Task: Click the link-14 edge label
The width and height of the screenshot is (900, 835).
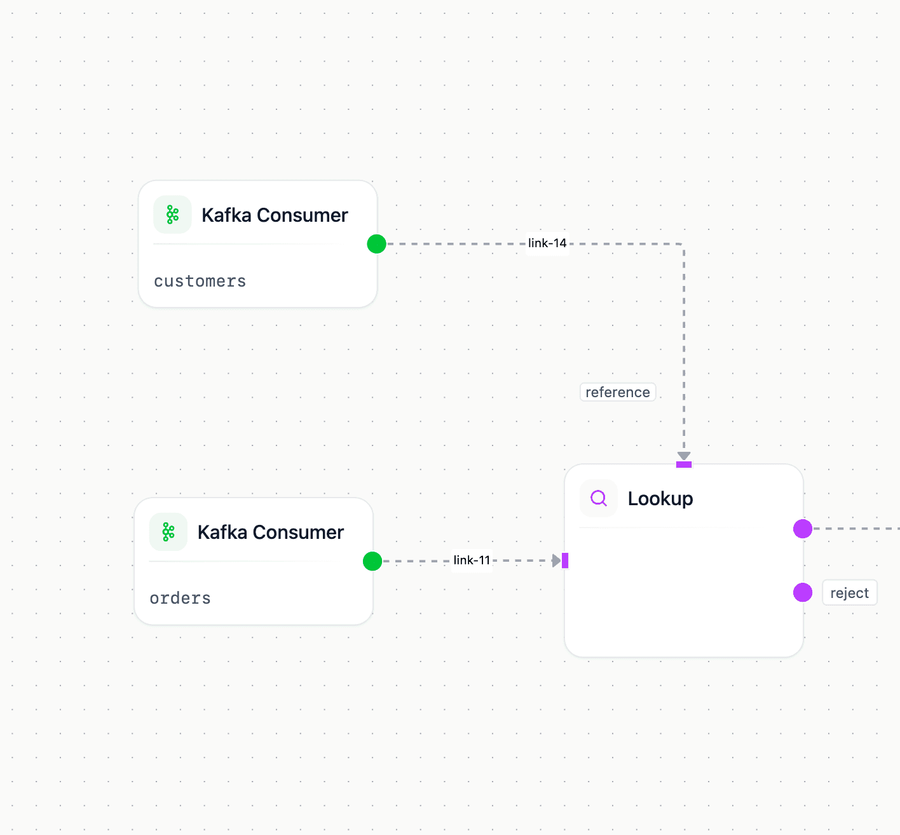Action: pos(547,243)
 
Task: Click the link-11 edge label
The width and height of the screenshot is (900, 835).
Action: pos(472,560)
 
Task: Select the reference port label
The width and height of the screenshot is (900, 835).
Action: pos(617,392)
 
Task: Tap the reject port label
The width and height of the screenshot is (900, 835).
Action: pos(849,593)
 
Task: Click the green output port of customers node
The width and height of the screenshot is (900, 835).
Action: pos(377,244)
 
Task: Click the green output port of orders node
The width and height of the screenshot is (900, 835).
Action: pos(372,561)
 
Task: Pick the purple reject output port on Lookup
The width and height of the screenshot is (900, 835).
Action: pos(803,593)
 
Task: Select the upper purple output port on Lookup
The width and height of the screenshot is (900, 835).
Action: pos(803,529)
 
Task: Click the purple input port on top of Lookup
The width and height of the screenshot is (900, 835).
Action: pos(684,465)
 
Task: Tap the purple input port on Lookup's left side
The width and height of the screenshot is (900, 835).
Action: pos(565,560)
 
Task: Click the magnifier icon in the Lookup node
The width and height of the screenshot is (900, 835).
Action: pos(599,498)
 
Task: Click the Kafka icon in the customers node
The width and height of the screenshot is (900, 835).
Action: pos(172,215)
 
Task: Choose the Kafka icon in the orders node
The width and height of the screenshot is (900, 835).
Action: pos(168,532)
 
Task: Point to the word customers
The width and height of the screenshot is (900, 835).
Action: pos(200,282)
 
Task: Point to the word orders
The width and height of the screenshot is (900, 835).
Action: pos(180,599)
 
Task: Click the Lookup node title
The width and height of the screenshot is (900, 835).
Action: pos(660,499)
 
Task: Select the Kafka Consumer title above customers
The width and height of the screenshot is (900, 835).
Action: pos(275,215)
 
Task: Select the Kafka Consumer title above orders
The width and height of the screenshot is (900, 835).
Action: pos(271,533)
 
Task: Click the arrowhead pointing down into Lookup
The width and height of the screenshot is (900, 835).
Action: pos(684,456)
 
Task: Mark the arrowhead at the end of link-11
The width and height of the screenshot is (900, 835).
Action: pos(557,560)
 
